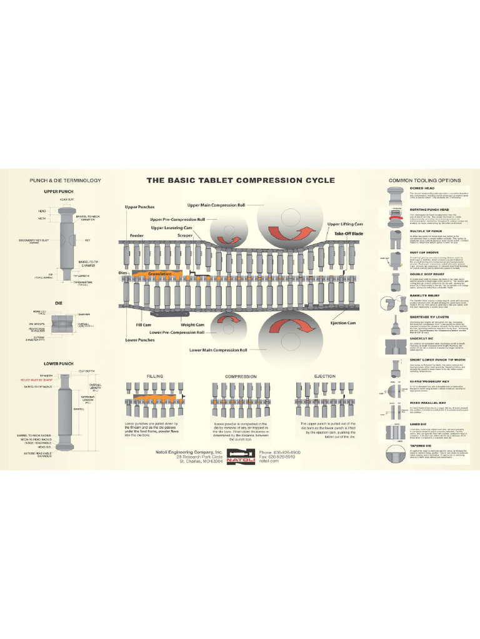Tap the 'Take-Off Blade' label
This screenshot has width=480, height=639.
tap(349, 233)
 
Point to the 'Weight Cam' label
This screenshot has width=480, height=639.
tap(192, 324)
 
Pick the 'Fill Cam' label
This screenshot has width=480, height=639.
tap(144, 324)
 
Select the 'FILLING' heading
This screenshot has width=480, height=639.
tap(154, 377)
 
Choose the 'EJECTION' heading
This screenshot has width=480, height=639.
tap(325, 377)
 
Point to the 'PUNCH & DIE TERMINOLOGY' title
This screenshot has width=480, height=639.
tap(65, 180)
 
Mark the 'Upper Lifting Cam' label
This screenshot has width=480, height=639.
tap(345, 223)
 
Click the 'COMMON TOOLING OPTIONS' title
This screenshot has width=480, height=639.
tap(425, 180)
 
